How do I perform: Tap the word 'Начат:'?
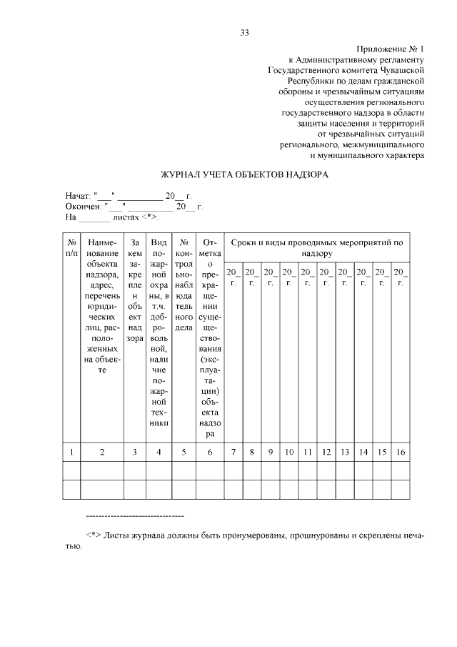click(79, 195)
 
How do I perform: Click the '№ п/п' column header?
click(71, 248)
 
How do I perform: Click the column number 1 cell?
click(71, 452)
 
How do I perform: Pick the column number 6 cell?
click(210, 452)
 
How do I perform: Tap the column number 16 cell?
click(401, 452)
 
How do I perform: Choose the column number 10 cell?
click(289, 452)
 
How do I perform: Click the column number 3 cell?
click(134, 452)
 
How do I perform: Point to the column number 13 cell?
click(345, 452)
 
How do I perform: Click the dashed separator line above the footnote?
click(134, 515)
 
